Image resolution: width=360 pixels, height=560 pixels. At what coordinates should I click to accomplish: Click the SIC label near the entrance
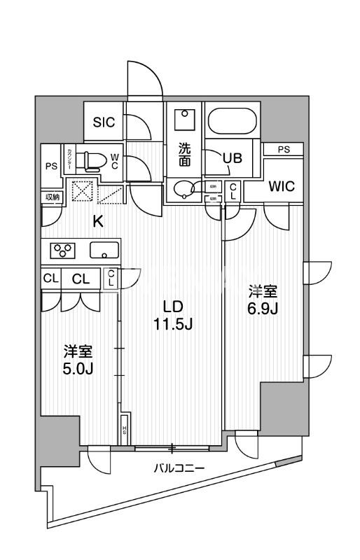[x=104, y=120]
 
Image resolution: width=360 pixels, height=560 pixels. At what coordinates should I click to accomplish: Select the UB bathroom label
[x=232, y=157]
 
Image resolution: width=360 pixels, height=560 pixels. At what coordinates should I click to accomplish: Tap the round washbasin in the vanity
[x=185, y=189]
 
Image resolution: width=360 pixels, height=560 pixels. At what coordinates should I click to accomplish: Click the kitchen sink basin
[x=104, y=250]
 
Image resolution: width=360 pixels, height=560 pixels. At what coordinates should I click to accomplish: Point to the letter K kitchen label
[x=99, y=223]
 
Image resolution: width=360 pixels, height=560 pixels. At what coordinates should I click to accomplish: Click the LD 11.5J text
[x=173, y=316]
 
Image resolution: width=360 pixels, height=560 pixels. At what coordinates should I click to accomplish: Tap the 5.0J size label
[x=78, y=368]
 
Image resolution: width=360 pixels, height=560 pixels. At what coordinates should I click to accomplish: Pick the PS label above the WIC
[x=282, y=149]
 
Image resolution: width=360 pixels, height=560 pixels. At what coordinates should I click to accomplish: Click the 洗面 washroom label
[x=184, y=155]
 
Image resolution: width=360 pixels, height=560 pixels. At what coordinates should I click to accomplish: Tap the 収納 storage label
[x=53, y=197]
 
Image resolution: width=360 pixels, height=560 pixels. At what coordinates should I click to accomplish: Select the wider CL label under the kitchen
[x=81, y=278]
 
